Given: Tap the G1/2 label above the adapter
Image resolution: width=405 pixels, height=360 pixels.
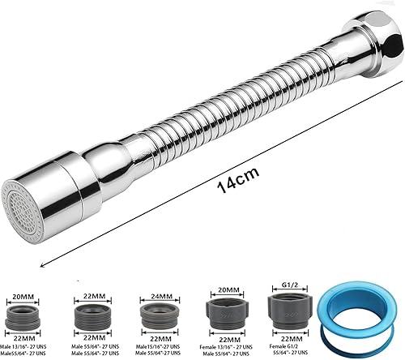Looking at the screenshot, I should pos(288,285).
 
